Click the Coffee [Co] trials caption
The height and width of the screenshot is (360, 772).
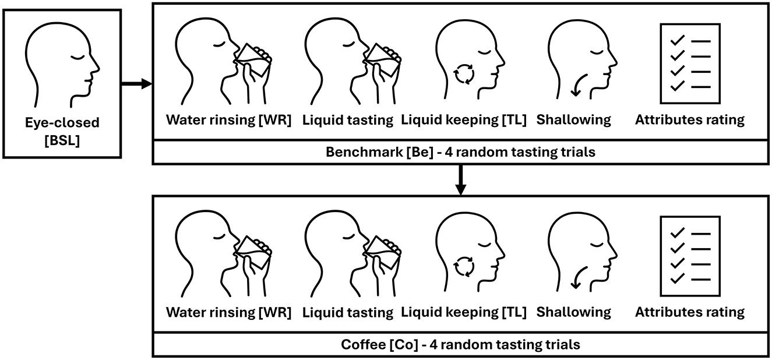pyautogui.click(x=460, y=344)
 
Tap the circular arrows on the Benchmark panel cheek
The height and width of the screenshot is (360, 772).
pyautogui.click(x=464, y=74)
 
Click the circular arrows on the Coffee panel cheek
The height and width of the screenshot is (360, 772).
pyautogui.click(x=464, y=266)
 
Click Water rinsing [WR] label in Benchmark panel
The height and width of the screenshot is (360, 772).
pyautogui.click(x=228, y=120)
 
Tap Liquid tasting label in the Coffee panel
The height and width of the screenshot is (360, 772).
pyautogui.click(x=348, y=312)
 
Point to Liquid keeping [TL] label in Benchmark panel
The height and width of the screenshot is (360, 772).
pyautogui.click(x=464, y=120)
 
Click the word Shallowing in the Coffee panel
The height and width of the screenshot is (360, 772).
pyautogui.click(x=574, y=312)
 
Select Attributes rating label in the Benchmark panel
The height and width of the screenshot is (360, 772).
pyautogui.click(x=690, y=120)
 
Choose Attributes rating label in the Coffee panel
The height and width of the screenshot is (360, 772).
pyautogui.click(x=690, y=312)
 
